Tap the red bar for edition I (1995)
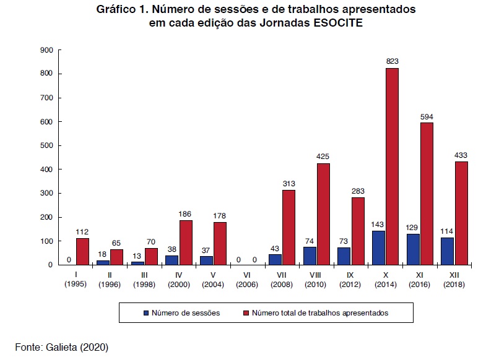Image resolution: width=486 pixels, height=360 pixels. pyautogui.click(x=82, y=251)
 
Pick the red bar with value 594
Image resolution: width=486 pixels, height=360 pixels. pyautogui.click(x=427, y=193)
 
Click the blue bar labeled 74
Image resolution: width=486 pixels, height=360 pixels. pyautogui.click(x=309, y=255)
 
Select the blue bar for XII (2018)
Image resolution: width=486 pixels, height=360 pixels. pyautogui.click(x=447, y=251)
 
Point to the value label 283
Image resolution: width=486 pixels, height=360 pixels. pyautogui.click(x=358, y=191)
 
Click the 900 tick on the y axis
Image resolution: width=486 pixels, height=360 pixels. pyautogui.click(x=46, y=50)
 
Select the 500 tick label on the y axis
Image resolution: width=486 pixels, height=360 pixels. pyautogui.click(x=46, y=146)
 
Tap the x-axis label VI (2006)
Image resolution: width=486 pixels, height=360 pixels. pyautogui.click(x=247, y=280)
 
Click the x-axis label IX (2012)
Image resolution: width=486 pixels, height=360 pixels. pyautogui.click(x=350, y=280)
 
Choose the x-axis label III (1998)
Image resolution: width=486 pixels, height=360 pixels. pyautogui.click(x=144, y=280)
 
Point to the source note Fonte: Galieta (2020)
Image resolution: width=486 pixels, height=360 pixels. pyautogui.click(x=62, y=346)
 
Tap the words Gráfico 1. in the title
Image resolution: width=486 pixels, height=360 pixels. pyautogui.click(x=122, y=11)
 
